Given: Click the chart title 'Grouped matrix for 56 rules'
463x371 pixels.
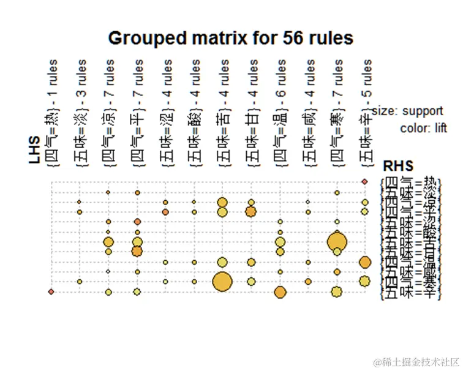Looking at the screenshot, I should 231,39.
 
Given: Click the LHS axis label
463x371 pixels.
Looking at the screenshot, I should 34,149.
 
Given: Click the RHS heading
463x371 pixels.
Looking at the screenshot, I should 397,167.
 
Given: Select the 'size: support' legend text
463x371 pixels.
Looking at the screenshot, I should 407,111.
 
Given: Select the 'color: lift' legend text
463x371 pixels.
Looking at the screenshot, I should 423,129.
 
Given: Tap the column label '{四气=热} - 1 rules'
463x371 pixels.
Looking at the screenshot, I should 53,113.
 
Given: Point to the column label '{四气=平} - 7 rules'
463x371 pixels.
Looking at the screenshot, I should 138,113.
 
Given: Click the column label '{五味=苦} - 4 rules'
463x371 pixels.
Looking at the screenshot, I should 224,113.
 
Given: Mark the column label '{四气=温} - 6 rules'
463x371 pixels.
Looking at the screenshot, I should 280,113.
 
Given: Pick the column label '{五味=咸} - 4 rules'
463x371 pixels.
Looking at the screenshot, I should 309,113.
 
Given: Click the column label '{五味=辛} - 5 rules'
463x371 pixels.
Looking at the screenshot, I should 366,113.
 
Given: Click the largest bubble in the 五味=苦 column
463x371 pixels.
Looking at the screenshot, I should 222,282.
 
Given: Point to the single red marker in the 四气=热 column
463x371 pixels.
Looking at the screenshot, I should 51,291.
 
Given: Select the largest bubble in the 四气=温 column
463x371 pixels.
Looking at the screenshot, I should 280,292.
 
